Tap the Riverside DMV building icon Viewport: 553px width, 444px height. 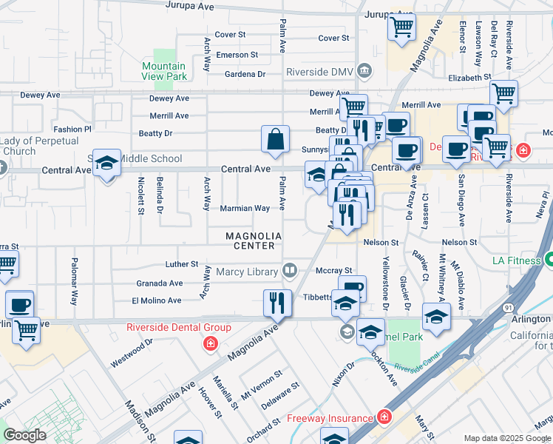click(x=364, y=71)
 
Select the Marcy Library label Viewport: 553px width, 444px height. click(x=247, y=272)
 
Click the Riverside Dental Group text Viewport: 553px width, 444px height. click(x=180, y=327)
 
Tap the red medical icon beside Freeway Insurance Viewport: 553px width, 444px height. click(x=383, y=418)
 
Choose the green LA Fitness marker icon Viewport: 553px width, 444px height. click(x=549, y=260)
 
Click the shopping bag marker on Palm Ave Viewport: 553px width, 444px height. click(x=275, y=139)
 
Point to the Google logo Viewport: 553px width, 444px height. click(x=24, y=435)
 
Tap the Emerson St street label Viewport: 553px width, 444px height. click(x=237, y=55)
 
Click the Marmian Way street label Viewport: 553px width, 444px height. click(x=245, y=208)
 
